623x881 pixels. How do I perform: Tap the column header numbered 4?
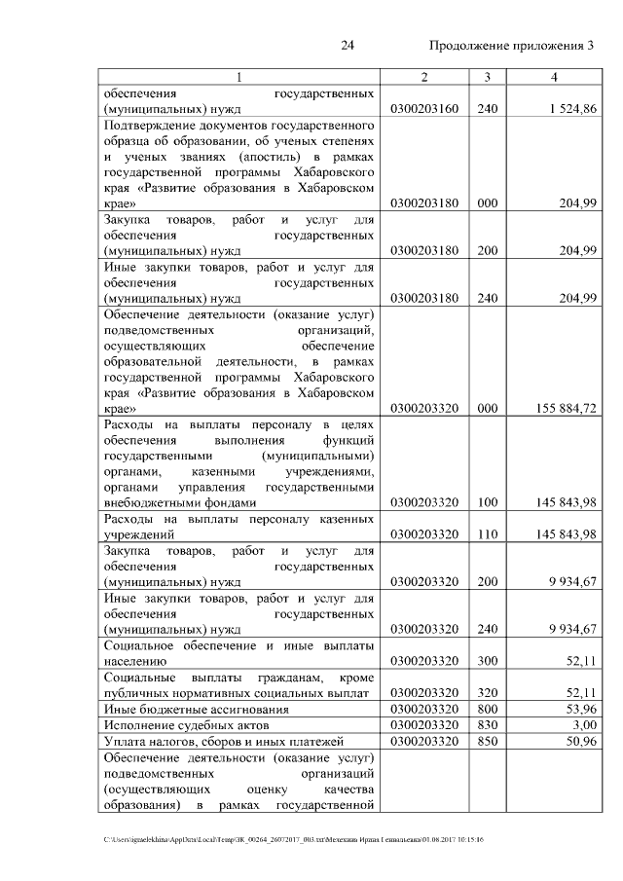pos(553,77)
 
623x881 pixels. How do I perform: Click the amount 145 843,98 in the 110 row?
pos(565,534)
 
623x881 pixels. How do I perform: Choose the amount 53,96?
pos(580,710)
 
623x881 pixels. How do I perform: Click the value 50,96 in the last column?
pos(580,741)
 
